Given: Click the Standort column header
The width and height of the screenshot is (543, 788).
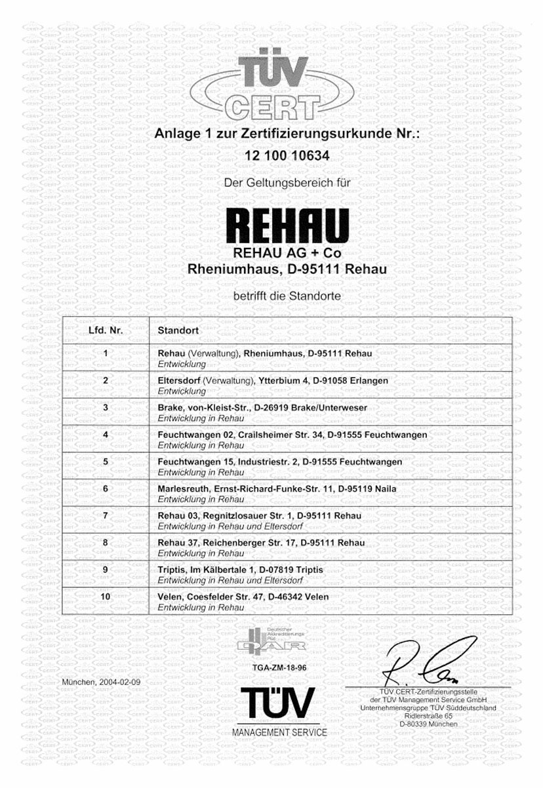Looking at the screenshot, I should (x=178, y=331).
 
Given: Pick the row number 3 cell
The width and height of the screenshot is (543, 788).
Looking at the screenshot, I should (x=106, y=408).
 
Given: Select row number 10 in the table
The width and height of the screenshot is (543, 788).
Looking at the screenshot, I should (x=106, y=597).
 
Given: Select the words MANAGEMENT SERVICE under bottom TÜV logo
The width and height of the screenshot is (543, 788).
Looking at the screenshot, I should (x=279, y=732).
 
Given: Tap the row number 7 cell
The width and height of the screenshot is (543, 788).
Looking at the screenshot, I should (x=106, y=516).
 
